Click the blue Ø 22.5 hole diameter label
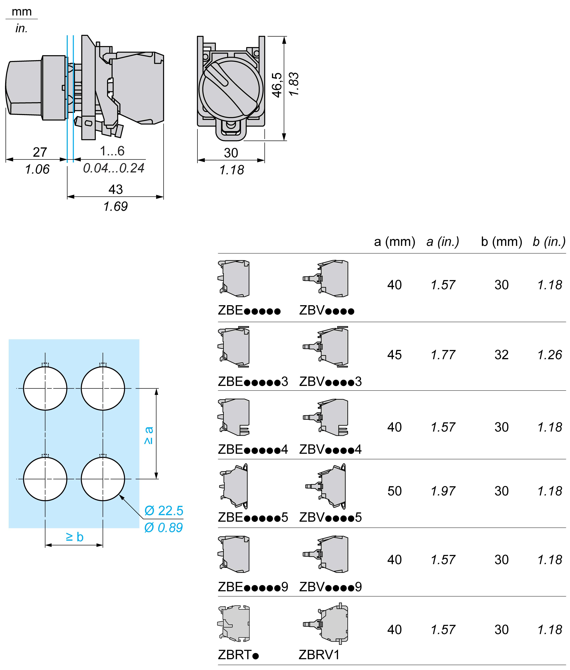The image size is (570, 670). [164, 511]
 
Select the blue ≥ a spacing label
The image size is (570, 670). [149, 435]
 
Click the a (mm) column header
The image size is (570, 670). [394, 242]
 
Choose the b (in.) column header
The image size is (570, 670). [549, 242]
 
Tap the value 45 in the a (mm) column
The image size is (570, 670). [394, 355]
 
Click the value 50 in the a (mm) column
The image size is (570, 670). [394, 491]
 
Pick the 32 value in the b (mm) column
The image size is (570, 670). [501, 355]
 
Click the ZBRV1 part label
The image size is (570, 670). [319, 655]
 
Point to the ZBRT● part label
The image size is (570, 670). [238, 655]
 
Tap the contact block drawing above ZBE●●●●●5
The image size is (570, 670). [234, 486]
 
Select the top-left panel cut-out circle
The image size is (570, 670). [45, 388]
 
